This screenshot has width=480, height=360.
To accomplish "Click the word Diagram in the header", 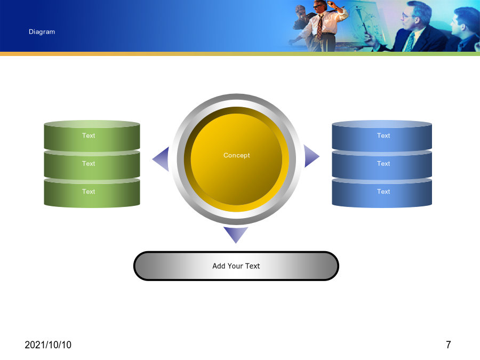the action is [x=42, y=32].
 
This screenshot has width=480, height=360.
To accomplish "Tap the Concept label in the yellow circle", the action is [x=237, y=156].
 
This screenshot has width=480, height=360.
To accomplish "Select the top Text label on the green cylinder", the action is [x=89, y=135].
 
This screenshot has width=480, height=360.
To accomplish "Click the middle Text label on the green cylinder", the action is [x=89, y=164].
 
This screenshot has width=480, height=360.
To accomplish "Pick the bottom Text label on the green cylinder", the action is [x=89, y=191].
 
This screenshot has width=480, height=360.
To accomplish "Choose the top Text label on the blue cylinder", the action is [x=383, y=135].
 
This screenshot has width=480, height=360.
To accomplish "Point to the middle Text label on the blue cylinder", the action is [x=383, y=164].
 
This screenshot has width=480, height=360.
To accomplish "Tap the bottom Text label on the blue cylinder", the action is [x=383, y=191].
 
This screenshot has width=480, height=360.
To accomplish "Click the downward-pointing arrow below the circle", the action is [x=236, y=234].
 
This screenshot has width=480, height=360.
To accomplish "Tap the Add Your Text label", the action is [x=236, y=266].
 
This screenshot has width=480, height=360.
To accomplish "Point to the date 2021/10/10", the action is [x=48, y=345].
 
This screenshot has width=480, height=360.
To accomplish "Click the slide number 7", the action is [x=449, y=345].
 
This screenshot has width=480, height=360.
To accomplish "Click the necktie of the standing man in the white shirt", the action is [x=319, y=27].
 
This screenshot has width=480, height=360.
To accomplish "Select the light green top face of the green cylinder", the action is [x=92, y=124].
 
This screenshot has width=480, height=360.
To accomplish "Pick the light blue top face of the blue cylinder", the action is [x=382, y=124].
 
